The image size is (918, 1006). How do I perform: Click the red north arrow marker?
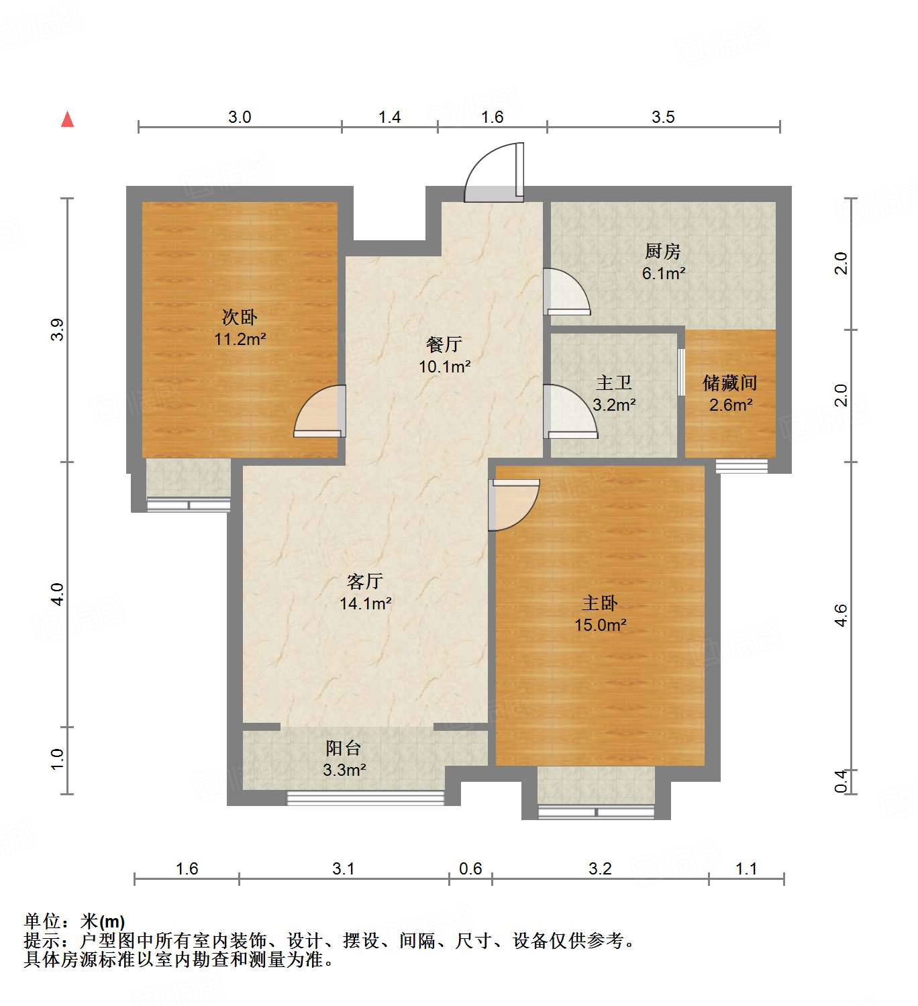coord(67,119)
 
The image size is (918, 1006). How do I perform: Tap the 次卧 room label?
coord(240,317)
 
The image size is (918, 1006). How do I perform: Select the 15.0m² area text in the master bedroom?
coord(600,625)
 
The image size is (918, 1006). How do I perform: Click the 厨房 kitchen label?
coord(662,252)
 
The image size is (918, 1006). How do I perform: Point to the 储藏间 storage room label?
coord(729,383)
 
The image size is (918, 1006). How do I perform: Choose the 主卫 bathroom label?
coord(613,383)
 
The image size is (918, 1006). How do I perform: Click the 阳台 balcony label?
coord(344,748)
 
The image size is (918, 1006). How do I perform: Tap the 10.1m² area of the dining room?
coord(444,366)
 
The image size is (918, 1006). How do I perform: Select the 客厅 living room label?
coord(365,581)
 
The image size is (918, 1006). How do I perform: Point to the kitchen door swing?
coord(566,293)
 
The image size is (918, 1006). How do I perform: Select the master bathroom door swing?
coord(570,412)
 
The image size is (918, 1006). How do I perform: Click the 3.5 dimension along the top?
coord(663,117)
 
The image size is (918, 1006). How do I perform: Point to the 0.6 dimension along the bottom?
coord(470,869)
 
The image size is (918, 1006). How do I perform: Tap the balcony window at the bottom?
coord(366,798)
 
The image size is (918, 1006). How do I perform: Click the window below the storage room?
coord(742,466)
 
